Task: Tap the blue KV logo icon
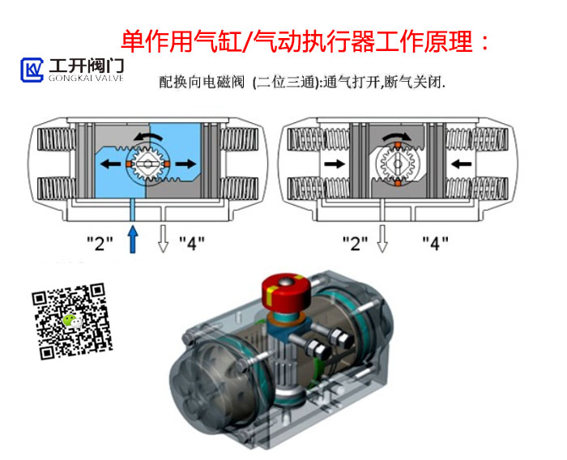coord(33,70)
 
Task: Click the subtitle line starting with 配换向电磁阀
coord(299,83)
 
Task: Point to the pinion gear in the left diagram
coord(147,163)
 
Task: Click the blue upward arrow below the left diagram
coord(133,240)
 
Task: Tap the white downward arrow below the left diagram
coord(163,240)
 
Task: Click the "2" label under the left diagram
coord(99,243)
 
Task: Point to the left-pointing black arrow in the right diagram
coord(458,164)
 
